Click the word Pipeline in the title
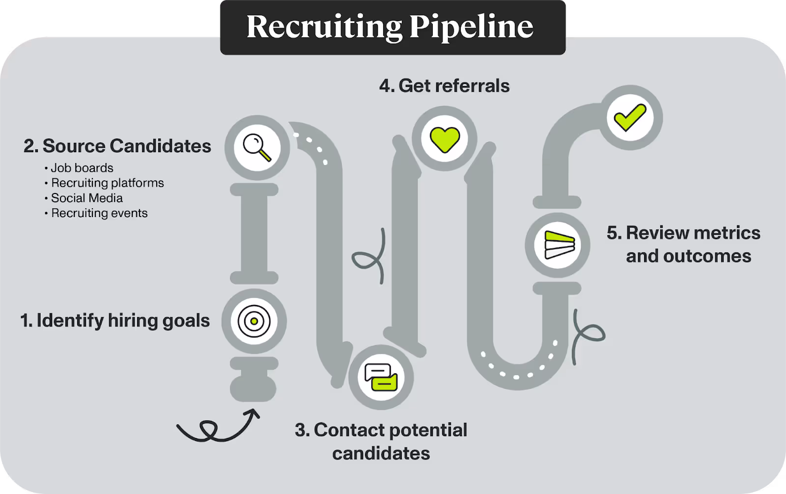pyautogui.click(x=471, y=27)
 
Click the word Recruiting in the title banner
pyautogui.click(x=324, y=27)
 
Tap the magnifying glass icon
pyautogui.click(x=257, y=147)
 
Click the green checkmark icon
pyautogui.click(x=630, y=118)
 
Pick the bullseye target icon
pyautogui.click(x=254, y=321)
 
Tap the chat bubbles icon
pyautogui.click(x=381, y=377)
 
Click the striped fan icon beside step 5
pyautogui.click(x=558, y=245)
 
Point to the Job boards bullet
pyautogui.click(x=82, y=168)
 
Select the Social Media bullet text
pyautogui.click(x=86, y=198)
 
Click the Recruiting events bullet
pyautogui.click(x=99, y=213)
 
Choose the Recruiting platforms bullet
pyautogui.click(x=107, y=183)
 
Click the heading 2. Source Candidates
pyautogui.click(x=117, y=146)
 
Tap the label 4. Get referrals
pyautogui.click(x=444, y=86)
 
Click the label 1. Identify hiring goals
pyautogui.click(x=115, y=320)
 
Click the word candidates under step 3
pyautogui.click(x=381, y=453)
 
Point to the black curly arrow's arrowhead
pyautogui.click(x=254, y=414)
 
